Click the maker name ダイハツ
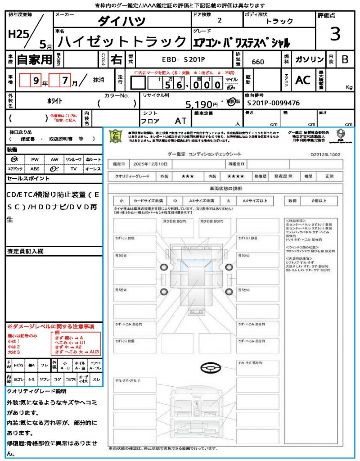tap(122, 21)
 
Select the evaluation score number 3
tap(335, 34)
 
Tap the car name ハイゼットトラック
tap(122, 42)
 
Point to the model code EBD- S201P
tap(180, 59)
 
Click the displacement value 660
tap(258, 62)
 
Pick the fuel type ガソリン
tap(309, 59)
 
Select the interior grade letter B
tap(345, 59)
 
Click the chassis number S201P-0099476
tap(274, 103)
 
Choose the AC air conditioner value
tap(303, 80)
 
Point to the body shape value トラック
tap(279, 21)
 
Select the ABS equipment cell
tap(35, 169)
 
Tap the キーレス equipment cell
tap(93, 169)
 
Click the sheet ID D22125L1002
tap(325, 154)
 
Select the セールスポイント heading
tap(28, 179)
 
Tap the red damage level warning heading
tap(50, 326)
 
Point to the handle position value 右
tap(117, 59)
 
